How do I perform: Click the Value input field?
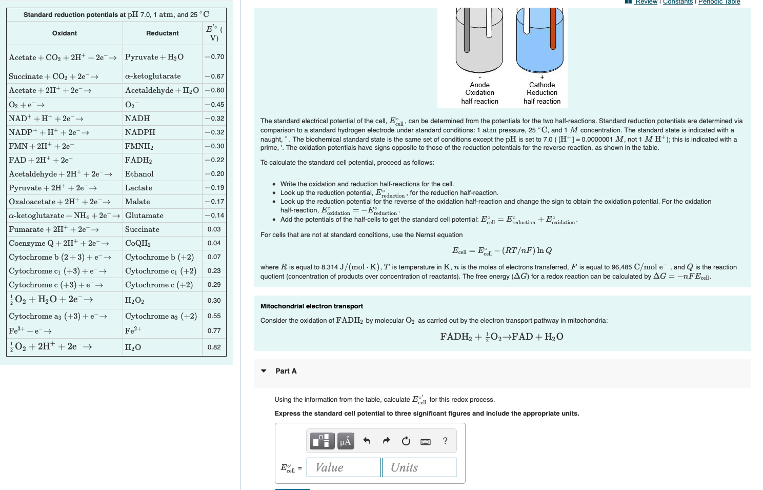344,467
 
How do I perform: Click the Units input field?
419,467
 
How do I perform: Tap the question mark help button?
445,441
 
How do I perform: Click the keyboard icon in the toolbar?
426,441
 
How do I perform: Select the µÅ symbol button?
346,441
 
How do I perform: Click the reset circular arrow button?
406,441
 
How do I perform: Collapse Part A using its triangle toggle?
264,371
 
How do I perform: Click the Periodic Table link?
719,2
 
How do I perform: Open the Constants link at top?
677,2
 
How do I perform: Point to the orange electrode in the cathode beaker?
553,28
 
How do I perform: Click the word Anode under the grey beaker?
479,85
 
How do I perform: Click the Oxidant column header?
65,33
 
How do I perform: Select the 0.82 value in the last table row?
214,347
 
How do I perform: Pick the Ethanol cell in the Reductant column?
139,174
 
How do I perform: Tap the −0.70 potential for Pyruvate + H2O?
214,57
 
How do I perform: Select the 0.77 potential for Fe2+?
214,331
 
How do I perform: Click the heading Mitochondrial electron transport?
312,306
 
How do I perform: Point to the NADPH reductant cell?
140,132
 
